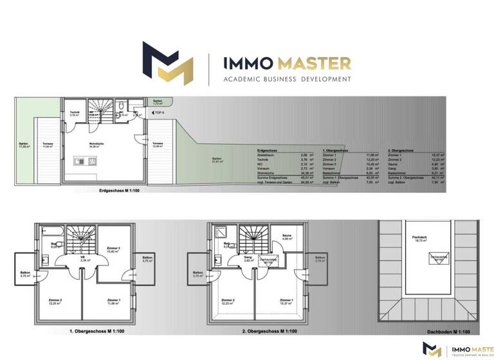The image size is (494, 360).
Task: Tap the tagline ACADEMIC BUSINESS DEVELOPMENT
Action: click(287, 79)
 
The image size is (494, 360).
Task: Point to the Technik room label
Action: click(74, 113)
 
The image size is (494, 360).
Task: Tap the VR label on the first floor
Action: click(84, 259)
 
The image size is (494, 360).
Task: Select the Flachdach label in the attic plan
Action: click(419, 237)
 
